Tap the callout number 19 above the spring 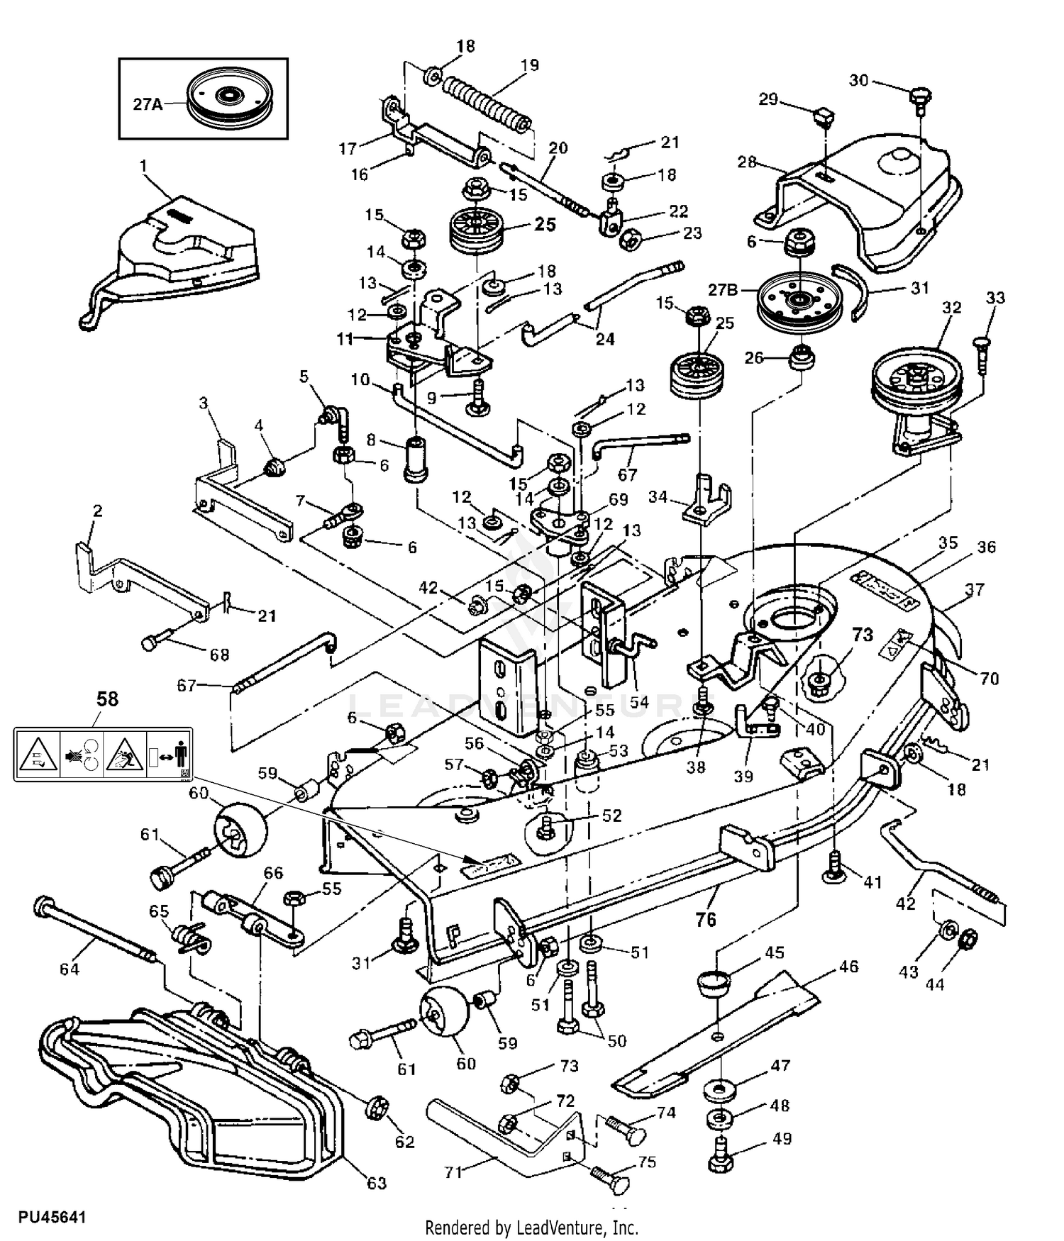529,65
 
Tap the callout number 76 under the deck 705,919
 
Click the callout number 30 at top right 859,80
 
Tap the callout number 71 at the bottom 453,1172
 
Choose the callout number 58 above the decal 107,699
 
